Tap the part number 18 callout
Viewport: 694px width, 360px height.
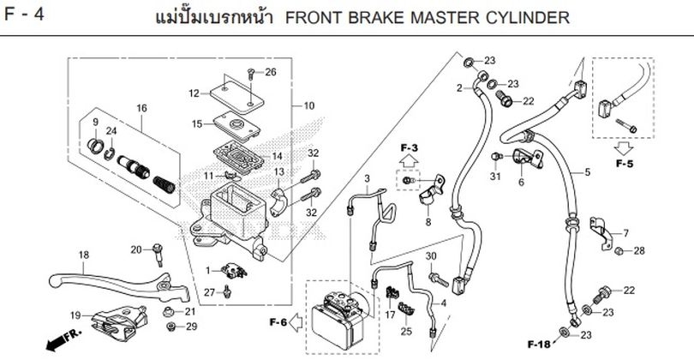click(83, 255)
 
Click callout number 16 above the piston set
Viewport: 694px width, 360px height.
click(142, 108)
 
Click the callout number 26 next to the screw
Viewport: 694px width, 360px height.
click(271, 71)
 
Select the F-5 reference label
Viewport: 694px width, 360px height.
click(623, 160)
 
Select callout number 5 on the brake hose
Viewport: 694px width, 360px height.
click(588, 172)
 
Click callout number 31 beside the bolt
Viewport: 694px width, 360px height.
click(494, 177)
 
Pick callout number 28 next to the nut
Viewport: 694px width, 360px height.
click(639, 250)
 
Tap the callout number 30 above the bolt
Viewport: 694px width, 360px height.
click(431, 257)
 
